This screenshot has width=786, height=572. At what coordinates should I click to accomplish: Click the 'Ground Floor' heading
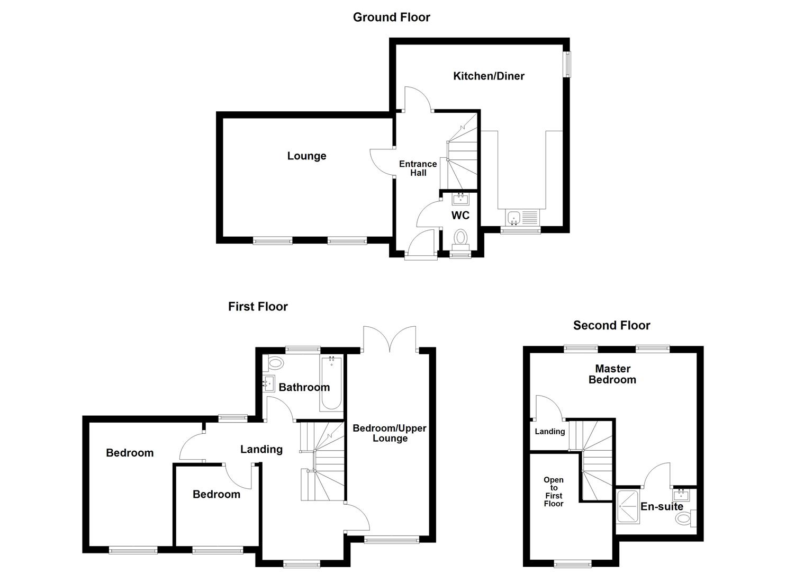tap(391, 17)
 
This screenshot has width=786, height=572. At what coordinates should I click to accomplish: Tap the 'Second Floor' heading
tap(611, 325)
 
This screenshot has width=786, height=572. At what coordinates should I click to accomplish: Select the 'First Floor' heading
tap(258, 307)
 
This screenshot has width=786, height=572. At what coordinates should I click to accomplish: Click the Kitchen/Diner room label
tap(489, 76)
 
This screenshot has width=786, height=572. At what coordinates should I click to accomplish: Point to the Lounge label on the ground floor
tap(306, 156)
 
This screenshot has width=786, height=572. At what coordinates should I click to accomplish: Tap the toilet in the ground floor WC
tap(460, 237)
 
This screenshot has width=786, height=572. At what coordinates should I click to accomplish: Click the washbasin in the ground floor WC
tap(460, 199)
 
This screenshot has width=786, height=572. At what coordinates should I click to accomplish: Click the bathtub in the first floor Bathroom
tap(331, 383)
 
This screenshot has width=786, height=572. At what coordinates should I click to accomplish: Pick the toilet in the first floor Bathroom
tap(275, 364)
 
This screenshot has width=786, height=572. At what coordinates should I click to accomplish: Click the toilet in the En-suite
tap(684, 518)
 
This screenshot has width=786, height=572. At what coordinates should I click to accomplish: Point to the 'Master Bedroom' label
tap(612, 374)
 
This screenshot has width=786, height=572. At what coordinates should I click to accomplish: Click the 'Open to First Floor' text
tap(554, 491)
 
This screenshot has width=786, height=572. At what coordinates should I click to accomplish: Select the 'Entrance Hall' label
tap(418, 168)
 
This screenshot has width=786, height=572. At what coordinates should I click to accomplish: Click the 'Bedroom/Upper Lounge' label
tap(390, 433)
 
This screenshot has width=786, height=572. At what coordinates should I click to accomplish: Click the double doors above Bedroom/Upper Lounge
tap(390, 339)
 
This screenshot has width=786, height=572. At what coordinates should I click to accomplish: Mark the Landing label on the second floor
tap(549, 431)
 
